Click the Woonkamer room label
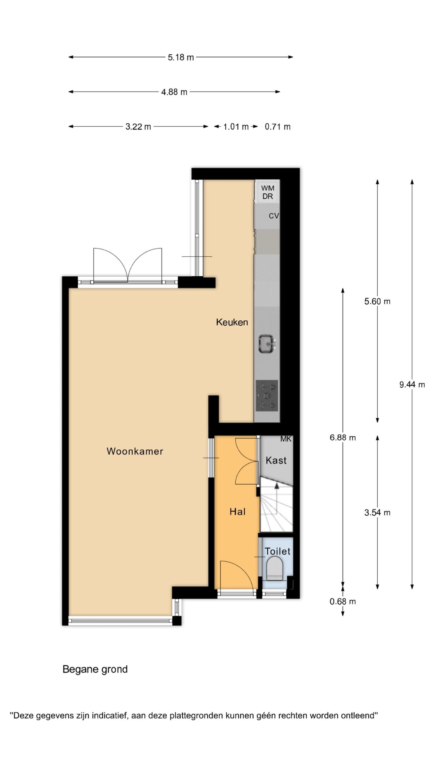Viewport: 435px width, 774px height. [x=135, y=451]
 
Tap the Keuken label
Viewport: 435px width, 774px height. [x=232, y=322]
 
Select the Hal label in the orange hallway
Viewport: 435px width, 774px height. [x=237, y=512]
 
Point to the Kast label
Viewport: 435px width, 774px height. [x=276, y=460]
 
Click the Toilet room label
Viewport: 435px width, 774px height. [x=278, y=551]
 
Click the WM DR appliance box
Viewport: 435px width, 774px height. [x=267, y=192]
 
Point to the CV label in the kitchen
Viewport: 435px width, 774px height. [x=274, y=216]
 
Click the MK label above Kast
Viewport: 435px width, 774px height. [x=286, y=439]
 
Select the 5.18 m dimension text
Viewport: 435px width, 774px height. [x=181, y=57]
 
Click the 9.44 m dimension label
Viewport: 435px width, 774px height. [x=412, y=385]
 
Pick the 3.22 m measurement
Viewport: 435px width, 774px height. [x=138, y=127]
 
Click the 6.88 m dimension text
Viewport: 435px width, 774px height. [x=343, y=437]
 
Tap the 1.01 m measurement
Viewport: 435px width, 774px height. [x=236, y=127]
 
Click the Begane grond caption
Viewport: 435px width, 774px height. [x=95, y=669]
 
